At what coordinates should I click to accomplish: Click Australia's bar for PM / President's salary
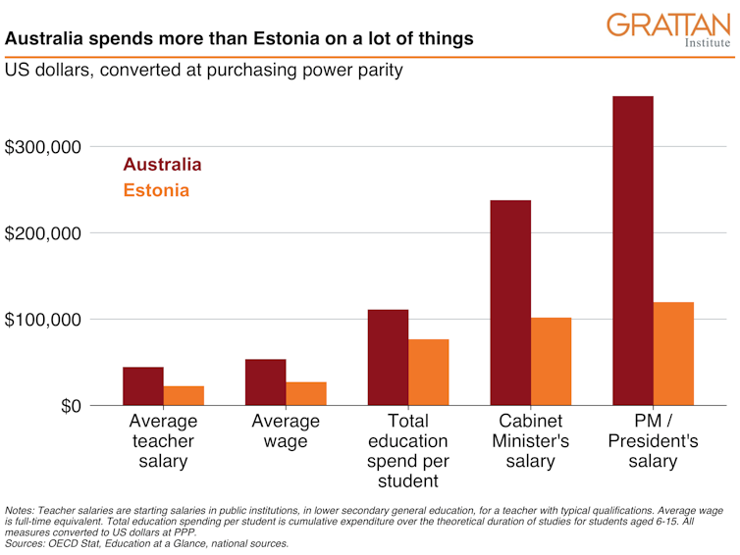(x=633, y=250)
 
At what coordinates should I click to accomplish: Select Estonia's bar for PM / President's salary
(x=673, y=353)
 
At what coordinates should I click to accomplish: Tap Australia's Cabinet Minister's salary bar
(x=510, y=302)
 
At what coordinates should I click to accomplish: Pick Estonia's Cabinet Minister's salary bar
(x=551, y=361)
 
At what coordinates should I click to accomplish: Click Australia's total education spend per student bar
(x=388, y=357)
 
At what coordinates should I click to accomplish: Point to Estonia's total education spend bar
(x=428, y=372)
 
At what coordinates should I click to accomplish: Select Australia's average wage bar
(x=265, y=381)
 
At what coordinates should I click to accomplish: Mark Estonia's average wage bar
(x=305, y=393)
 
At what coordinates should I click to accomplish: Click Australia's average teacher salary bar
(x=143, y=385)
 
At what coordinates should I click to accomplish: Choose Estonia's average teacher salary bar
(x=184, y=395)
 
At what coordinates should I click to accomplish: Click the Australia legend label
(x=162, y=165)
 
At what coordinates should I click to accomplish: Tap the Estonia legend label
(x=156, y=190)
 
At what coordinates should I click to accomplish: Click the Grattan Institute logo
(x=668, y=30)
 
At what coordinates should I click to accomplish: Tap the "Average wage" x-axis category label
(x=286, y=431)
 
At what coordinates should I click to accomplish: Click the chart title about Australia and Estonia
(x=239, y=39)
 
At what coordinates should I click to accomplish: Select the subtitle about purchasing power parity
(x=204, y=72)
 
